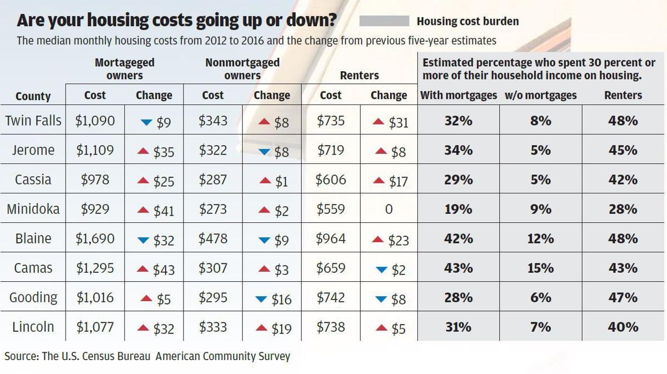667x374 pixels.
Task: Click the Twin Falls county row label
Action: (x=33, y=121)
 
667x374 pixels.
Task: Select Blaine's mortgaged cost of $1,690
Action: (x=95, y=238)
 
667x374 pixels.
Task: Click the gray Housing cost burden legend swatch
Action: (x=384, y=21)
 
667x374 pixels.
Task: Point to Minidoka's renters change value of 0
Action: (x=389, y=210)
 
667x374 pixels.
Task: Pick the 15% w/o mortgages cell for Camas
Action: (x=540, y=268)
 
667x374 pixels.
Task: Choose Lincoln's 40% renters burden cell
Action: (x=623, y=327)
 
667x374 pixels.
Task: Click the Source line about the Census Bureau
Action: (x=147, y=356)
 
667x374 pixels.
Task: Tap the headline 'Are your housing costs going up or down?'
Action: (x=177, y=21)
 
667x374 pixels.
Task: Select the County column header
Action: (x=33, y=96)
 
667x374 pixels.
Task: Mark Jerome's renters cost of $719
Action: (x=330, y=150)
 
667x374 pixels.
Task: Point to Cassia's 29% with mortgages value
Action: (x=458, y=180)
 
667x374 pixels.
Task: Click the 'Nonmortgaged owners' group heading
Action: (x=242, y=69)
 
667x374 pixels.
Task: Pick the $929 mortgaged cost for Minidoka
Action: (x=95, y=209)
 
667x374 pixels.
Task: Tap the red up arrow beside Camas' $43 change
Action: (x=143, y=270)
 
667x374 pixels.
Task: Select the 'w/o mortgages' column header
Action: (x=540, y=96)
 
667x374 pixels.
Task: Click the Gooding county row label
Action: (x=33, y=297)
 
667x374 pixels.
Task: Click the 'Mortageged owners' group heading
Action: (x=125, y=69)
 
